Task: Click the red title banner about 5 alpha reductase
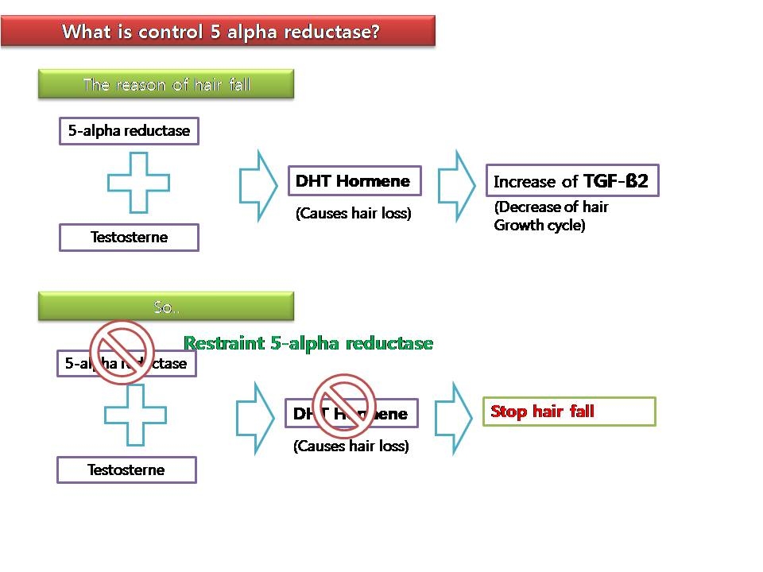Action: coord(219,32)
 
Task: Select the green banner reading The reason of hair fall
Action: coord(166,84)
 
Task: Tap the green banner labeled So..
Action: coord(166,307)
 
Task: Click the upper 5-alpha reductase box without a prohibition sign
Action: coord(129,131)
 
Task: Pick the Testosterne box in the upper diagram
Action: coord(129,237)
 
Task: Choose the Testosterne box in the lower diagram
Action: coord(126,470)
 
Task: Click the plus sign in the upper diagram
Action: coord(138,183)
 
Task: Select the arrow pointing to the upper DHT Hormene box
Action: coord(256,184)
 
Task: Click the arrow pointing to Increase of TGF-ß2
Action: coord(455,184)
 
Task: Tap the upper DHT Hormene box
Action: coord(353,181)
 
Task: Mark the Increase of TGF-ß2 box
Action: coord(571,181)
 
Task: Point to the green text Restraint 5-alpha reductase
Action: coord(308,343)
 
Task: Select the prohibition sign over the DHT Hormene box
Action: coord(343,405)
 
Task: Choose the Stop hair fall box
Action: coord(569,412)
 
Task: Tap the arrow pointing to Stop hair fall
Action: coord(454,417)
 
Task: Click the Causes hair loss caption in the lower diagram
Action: coord(351,446)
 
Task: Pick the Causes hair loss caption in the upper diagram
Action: coord(353,214)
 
